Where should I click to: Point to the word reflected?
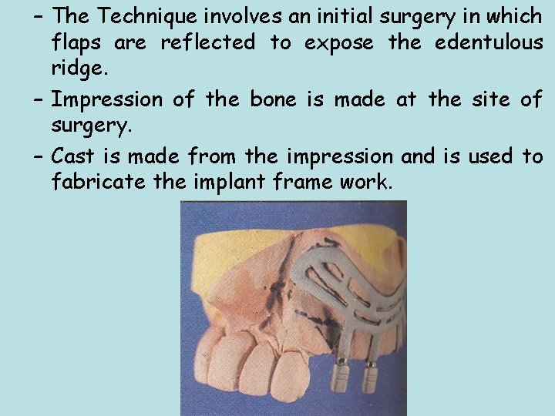(x=207, y=42)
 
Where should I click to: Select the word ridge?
(x=77, y=69)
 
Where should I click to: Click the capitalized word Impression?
(x=107, y=99)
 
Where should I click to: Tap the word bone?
(x=281, y=99)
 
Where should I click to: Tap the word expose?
(x=339, y=43)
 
